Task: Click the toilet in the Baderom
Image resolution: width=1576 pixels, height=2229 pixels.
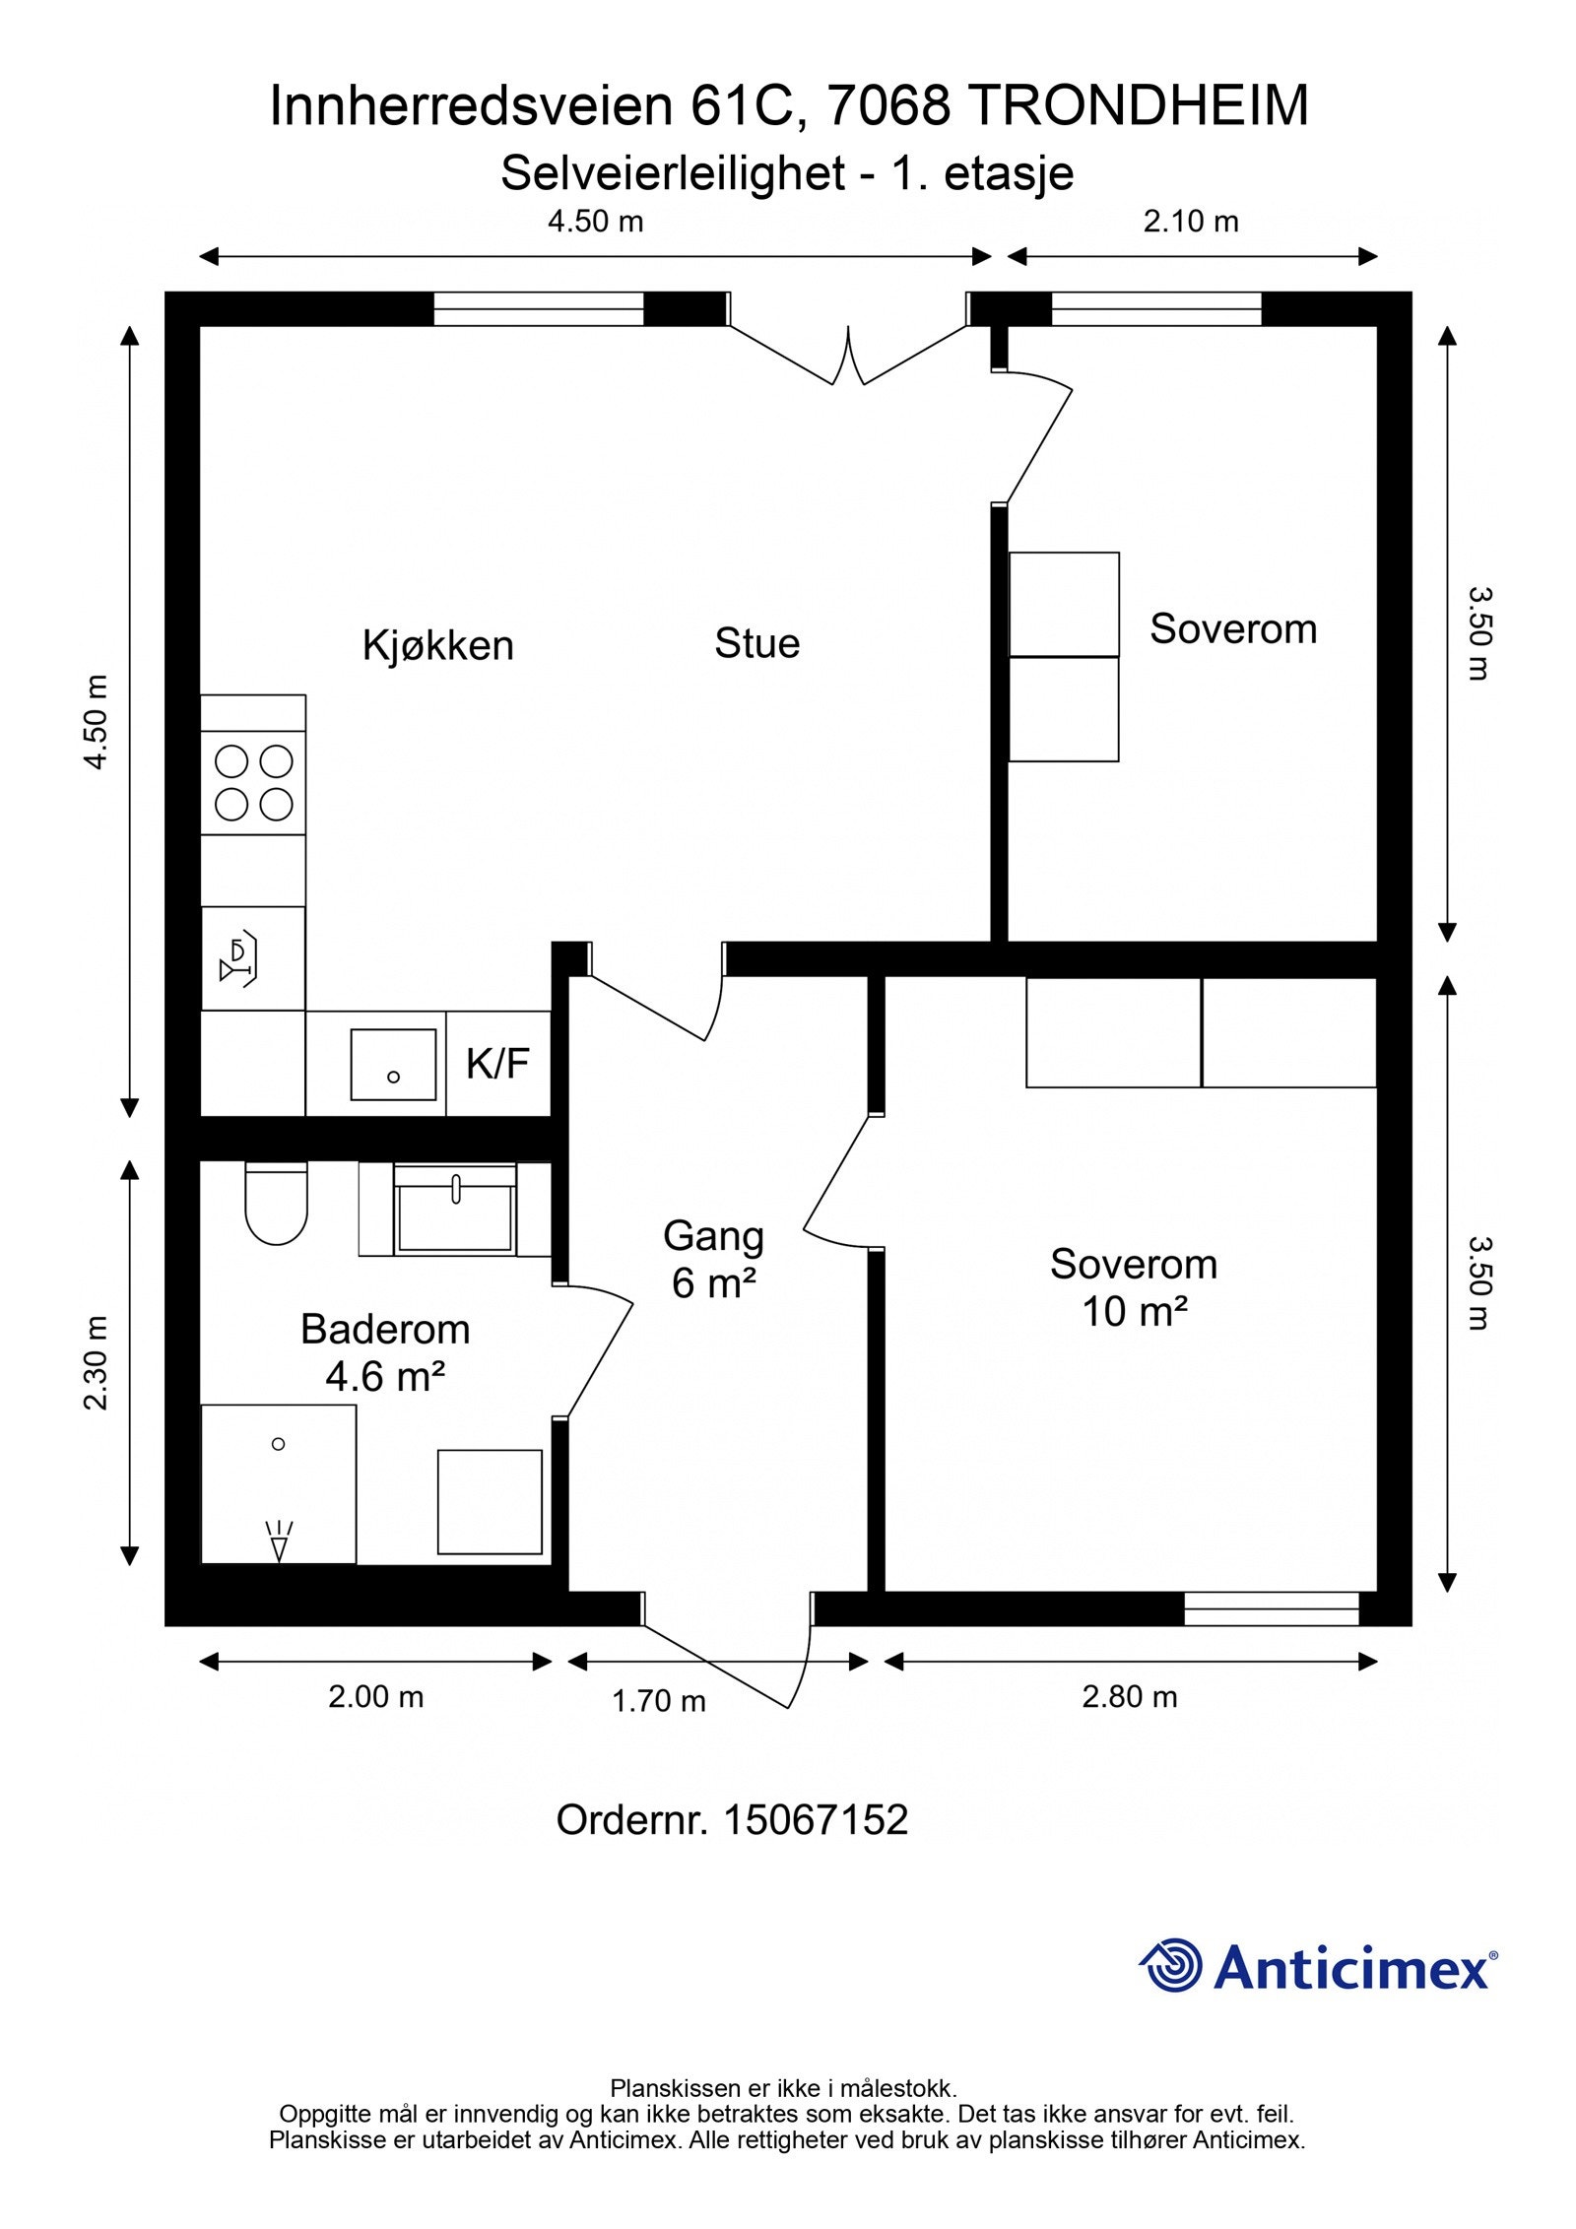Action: (276, 1204)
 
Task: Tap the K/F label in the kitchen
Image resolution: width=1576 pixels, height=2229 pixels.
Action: (497, 1064)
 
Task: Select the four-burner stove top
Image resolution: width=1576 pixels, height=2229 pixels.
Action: (253, 783)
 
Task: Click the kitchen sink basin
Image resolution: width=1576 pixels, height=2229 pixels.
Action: (393, 1065)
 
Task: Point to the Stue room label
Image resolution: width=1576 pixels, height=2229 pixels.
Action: (756, 643)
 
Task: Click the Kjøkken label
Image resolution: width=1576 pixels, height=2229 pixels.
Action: (438, 646)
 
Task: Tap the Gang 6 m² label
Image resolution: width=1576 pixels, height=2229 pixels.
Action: (713, 1259)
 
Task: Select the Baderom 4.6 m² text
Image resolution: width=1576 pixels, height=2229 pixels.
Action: (385, 1352)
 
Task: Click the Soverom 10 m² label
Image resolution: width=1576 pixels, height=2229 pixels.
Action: (1133, 1287)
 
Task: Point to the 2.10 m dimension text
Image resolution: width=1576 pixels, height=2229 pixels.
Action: (1190, 222)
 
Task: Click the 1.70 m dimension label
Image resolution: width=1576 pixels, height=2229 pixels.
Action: (658, 1701)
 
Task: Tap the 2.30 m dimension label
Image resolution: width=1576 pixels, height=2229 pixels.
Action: (97, 1362)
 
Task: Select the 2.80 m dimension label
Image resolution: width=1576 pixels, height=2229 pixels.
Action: (1129, 1697)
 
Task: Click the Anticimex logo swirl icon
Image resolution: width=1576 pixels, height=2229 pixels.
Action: (1172, 1965)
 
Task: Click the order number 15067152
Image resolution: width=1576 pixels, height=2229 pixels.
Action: (815, 1820)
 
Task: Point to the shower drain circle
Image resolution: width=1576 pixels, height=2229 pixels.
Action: (278, 1444)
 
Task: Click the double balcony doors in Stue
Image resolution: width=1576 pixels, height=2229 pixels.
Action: (848, 355)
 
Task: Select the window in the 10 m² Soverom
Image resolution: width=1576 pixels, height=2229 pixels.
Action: (1271, 1608)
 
